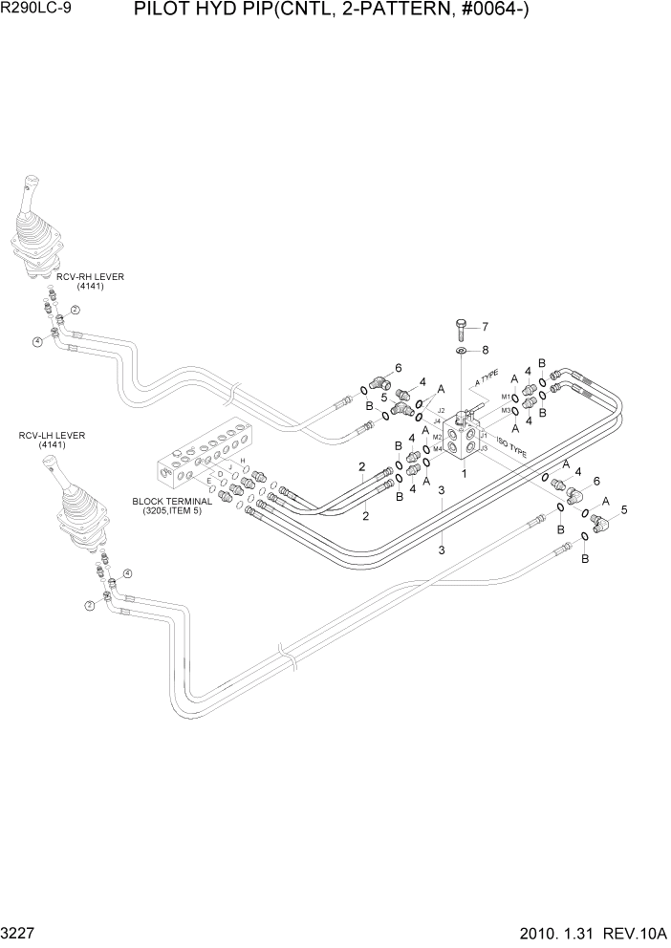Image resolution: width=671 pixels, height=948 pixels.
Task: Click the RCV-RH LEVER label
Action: tap(90, 277)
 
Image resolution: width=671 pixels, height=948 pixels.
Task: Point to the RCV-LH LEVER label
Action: tap(52, 436)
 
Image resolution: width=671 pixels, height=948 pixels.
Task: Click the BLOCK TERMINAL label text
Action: tap(172, 500)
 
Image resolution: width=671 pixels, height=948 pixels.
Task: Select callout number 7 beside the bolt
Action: tap(484, 326)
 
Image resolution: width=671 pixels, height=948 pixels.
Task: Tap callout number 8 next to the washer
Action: tap(484, 350)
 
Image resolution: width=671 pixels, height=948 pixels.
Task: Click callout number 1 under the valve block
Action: tap(464, 472)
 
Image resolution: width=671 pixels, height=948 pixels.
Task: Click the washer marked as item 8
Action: tap(461, 352)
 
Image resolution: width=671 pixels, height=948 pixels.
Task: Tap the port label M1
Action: tap(506, 397)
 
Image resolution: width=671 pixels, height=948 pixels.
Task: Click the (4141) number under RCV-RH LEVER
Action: tap(90, 287)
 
